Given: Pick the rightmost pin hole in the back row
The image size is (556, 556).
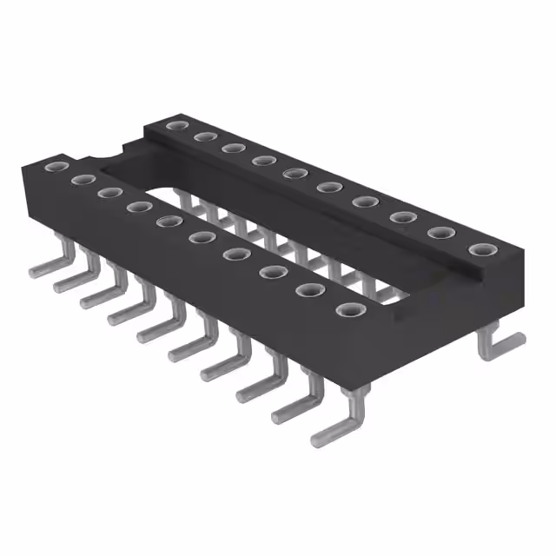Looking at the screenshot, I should coord(480,250).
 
